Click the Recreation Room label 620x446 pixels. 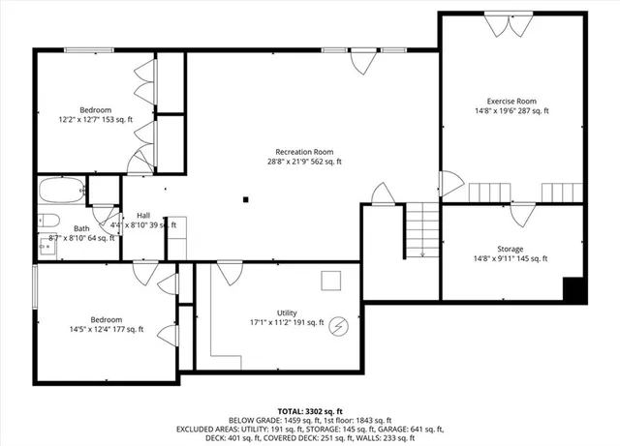[304, 152]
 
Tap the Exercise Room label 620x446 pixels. [511, 102]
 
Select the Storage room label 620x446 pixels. [511, 249]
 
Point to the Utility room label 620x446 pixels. [287, 312]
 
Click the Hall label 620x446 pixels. [143, 215]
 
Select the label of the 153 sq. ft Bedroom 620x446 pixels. [95, 109]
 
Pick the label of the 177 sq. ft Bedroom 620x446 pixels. [107, 319]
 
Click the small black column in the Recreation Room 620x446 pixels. [247, 200]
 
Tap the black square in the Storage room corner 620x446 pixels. [574, 289]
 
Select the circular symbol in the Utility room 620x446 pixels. [338, 325]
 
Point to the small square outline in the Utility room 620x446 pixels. [331, 281]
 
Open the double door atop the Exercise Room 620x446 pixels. [511, 26]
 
